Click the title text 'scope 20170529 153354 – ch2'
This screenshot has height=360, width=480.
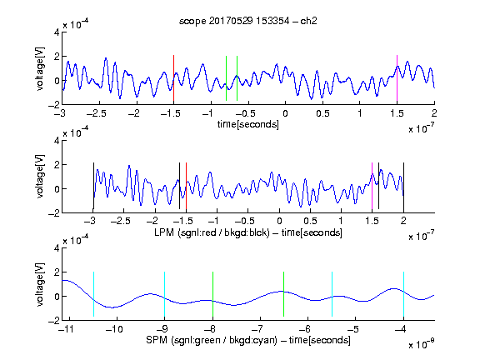coord(248,21)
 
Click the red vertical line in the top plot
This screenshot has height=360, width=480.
coord(173,78)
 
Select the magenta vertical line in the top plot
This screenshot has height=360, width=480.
coord(397,78)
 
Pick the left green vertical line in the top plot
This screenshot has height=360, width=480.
coord(226,78)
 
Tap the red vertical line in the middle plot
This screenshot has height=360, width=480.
coord(186,186)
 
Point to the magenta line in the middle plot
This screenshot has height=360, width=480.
coord(372,186)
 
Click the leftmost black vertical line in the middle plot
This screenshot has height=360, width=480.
coord(93,186)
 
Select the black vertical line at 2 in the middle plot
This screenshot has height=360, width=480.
coord(403,186)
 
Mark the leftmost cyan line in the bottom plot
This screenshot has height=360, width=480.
coord(93,294)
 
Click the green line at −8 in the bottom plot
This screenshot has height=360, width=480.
coord(212,294)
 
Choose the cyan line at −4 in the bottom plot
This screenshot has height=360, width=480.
coord(403,294)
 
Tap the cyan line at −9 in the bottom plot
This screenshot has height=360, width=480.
coord(164,294)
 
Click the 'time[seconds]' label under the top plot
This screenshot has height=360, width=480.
coord(248,124)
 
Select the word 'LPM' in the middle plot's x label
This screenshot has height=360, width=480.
coord(164,232)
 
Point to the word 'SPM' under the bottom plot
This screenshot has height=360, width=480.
coord(157,340)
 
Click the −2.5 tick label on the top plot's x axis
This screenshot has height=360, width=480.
coord(97,113)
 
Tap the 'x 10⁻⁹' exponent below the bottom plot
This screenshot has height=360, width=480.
coord(422,343)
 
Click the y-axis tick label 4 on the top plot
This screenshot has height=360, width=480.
coord(57,32)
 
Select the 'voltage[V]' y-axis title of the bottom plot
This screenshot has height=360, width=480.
coord(40,284)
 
